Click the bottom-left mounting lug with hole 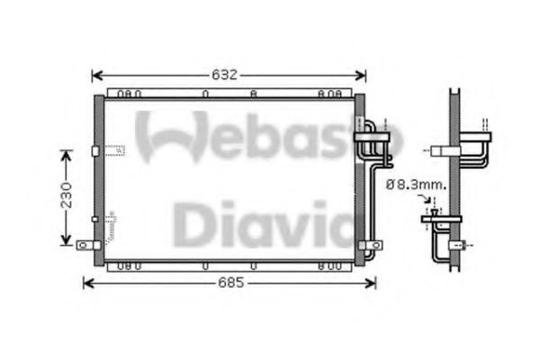85,243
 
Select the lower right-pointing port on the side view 463,243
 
